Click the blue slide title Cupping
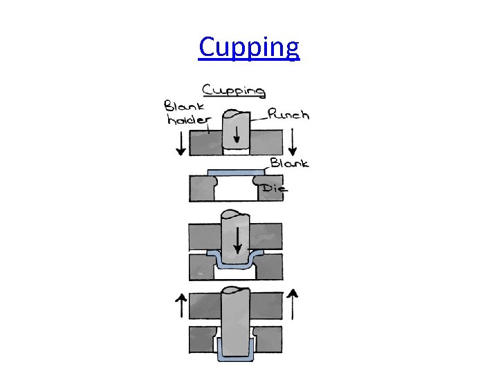pos(249,48)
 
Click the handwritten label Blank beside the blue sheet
pos(289,164)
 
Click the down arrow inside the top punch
pos(237,135)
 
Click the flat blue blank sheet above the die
pos(237,171)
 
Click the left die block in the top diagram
pos(203,188)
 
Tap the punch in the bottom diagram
pos(236,318)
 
